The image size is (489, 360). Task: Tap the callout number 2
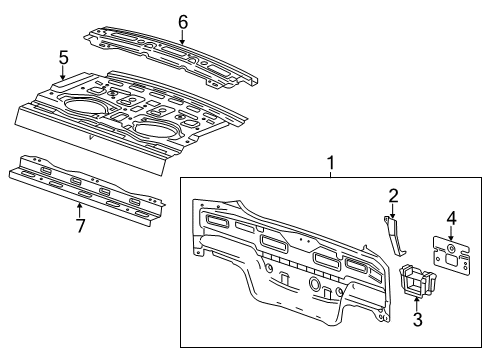tap(393, 195)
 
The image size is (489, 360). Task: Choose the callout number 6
tap(182, 21)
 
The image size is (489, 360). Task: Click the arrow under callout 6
tap(182, 37)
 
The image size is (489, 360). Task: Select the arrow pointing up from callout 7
tap(79, 208)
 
